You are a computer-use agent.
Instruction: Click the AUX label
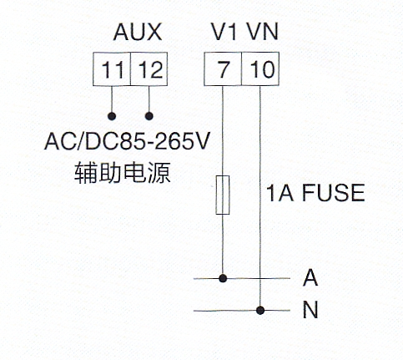pyautogui.click(x=138, y=32)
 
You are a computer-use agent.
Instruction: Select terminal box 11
pyautogui.click(x=112, y=68)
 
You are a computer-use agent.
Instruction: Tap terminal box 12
pyautogui.click(x=149, y=68)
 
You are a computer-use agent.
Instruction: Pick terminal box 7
pyautogui.click(x=223, y=68)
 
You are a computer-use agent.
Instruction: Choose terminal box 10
pyautogui.click(x=260, y=68)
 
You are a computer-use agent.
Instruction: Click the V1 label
pyautogui.click(x=224, y=32)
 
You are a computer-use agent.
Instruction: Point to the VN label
pyautogui.click(x=262, y=32)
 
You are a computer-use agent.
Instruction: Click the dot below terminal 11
pyautogui.click(x=112, y=116)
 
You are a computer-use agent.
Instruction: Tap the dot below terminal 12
pyautogui.click(x=149, y=116)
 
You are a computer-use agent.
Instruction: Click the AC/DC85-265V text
pyautogui.click(x=127, y=141)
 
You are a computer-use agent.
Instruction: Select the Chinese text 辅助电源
pyautogui.click(x=122, y=173)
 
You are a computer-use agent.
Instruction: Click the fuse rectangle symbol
pyautogui.click(x=223, y=195)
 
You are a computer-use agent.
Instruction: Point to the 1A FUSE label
pyautogui.click(x=315, y=193)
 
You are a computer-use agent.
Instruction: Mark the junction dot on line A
pyautogui.click(x=223, y=278)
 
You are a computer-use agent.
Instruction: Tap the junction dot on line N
pyautogui.click(x=260, y=310)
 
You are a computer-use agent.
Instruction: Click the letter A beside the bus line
pyautogui.click(x=310, y=277)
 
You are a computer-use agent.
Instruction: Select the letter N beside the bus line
pyautogui.click(x=310, y=310)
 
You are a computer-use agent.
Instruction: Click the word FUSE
pyautogui.click(x=333, y=193)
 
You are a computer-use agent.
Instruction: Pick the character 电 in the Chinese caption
pyautogui.click(x=134, y=173)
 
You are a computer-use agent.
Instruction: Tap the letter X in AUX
pyautogui.click(x=154, y=32)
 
